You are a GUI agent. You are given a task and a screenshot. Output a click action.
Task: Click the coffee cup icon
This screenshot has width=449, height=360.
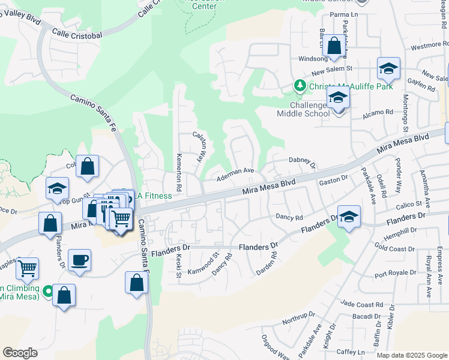(79, 261)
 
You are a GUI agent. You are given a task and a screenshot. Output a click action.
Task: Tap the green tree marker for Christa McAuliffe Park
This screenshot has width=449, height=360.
(300, 86)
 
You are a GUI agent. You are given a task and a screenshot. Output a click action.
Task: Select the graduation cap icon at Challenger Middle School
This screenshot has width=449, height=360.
(338, 97)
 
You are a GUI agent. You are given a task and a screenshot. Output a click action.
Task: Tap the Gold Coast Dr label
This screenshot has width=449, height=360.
(394, 248)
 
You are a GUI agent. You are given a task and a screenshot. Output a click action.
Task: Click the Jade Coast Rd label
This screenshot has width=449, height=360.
(361, 305)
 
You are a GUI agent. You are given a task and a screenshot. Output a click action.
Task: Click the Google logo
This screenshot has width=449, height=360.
(20, 353)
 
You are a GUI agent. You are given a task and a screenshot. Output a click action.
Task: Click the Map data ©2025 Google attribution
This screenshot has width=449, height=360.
(411, 355)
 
